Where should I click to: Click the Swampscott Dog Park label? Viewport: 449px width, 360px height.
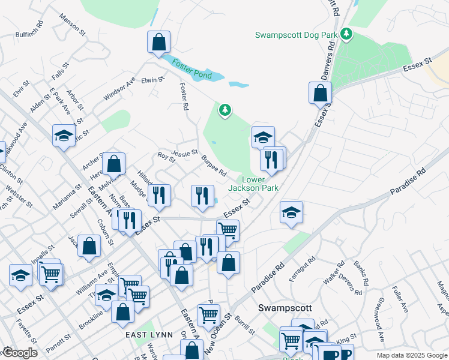(x=296, y=35)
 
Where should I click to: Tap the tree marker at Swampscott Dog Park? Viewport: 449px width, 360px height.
(x=345, y=34)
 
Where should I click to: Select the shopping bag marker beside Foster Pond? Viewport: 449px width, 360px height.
(x=159, y=43)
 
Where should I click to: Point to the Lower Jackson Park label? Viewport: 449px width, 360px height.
(x=253, y=184)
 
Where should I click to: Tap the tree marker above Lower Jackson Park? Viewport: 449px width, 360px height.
(x=225, y=110)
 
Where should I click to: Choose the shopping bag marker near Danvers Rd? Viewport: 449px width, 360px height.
(x=320, y=93)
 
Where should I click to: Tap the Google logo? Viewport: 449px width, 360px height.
(x=20, y=353)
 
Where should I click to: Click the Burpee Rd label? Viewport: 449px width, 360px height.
(x=214, y=166)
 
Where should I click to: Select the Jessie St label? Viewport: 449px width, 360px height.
(x=184, y=152)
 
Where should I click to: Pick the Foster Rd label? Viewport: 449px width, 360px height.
(x=184, y=97)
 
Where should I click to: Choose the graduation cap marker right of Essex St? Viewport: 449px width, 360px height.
(x=292, y=212)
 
